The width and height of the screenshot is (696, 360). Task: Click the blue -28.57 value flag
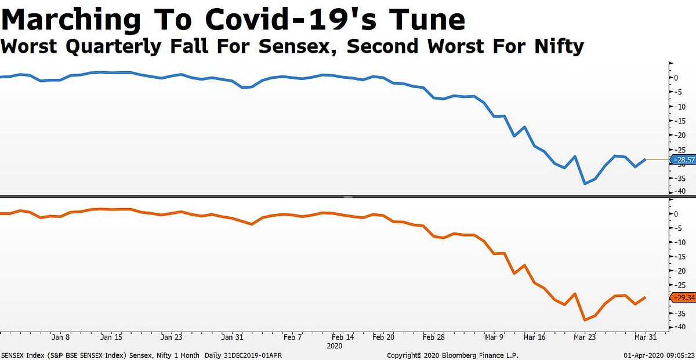click(x=682, y=159)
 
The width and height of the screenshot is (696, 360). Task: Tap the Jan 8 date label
click(x=61, y=337)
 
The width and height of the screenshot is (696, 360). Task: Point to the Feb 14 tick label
click(x=343, y=337)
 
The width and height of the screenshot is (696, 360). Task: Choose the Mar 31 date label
click(x=646, y=337)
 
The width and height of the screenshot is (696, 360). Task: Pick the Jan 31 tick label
click(x=231, y=337)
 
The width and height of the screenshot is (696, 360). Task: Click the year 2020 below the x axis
click(x=335, y=346)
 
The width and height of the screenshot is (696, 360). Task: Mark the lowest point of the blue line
click(x=585, y=184)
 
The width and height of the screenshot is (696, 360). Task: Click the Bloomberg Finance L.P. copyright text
click(x=452, y=355)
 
